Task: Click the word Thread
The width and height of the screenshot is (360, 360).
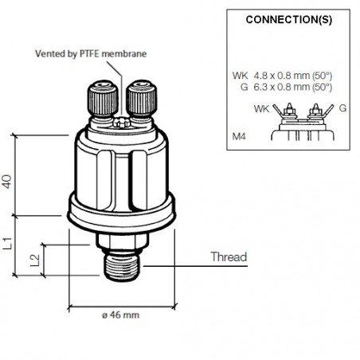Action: pyautogui.click(x=228, y=257)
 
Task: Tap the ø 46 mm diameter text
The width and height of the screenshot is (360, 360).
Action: pyautogui.click(x=120, y=315)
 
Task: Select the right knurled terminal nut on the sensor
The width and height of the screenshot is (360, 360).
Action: pyautogui.click(x=139, y=97)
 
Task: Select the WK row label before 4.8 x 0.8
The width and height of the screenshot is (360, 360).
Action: pyautogui.click(x=241, y=75)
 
